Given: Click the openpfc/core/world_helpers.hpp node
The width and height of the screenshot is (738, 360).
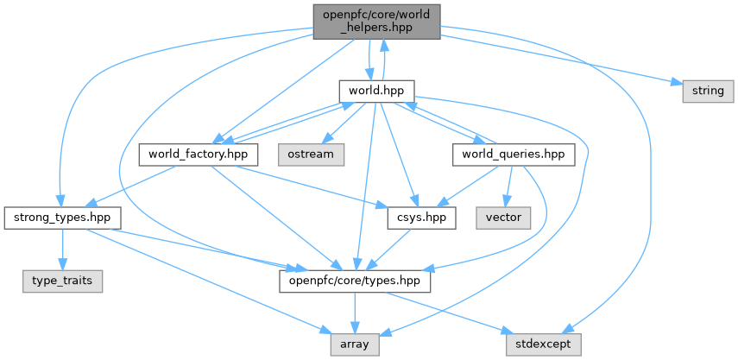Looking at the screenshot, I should [377, 22].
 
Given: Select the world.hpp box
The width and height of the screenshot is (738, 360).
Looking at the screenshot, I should [376, 90].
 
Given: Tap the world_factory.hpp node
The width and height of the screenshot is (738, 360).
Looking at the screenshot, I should [199, 155].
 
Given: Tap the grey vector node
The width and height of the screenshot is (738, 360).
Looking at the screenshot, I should [503, 217].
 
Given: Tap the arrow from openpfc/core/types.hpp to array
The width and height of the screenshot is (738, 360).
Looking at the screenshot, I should [354, 312].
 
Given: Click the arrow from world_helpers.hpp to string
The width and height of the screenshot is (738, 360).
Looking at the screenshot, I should [561, 60].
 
